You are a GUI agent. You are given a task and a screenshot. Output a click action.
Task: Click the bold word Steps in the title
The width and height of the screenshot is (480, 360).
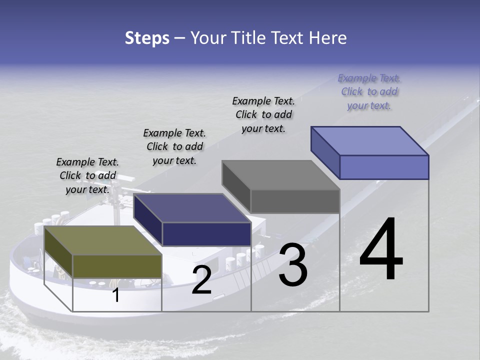click(147, 38)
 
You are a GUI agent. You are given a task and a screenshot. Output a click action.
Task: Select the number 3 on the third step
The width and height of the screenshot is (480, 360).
click(293, 265)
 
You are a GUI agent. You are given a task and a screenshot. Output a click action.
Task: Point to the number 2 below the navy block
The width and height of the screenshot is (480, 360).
click(201, 280)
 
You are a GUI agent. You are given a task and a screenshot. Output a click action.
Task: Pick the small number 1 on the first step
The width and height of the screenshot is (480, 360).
click(115, 295)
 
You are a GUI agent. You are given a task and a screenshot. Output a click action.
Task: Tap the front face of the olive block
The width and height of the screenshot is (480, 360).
click(117, 266)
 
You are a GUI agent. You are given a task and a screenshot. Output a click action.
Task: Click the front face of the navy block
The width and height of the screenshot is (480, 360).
click(206, 234)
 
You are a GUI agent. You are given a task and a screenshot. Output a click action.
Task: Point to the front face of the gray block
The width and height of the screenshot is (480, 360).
click(295, 201)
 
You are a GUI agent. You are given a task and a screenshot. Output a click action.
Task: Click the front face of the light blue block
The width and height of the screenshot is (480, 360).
click(384, 167)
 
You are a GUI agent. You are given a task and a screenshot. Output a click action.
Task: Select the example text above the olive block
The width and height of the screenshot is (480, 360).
click(87, 175)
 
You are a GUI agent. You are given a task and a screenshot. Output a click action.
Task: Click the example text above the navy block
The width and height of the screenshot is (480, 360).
click(174, 146)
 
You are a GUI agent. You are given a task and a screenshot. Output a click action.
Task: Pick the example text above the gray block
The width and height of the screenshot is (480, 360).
click(263, 114)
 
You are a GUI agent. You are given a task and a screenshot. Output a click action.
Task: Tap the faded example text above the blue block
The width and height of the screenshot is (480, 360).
click(369, 91)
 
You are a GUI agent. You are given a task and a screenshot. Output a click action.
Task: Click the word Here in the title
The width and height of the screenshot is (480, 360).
click(328, 38)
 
